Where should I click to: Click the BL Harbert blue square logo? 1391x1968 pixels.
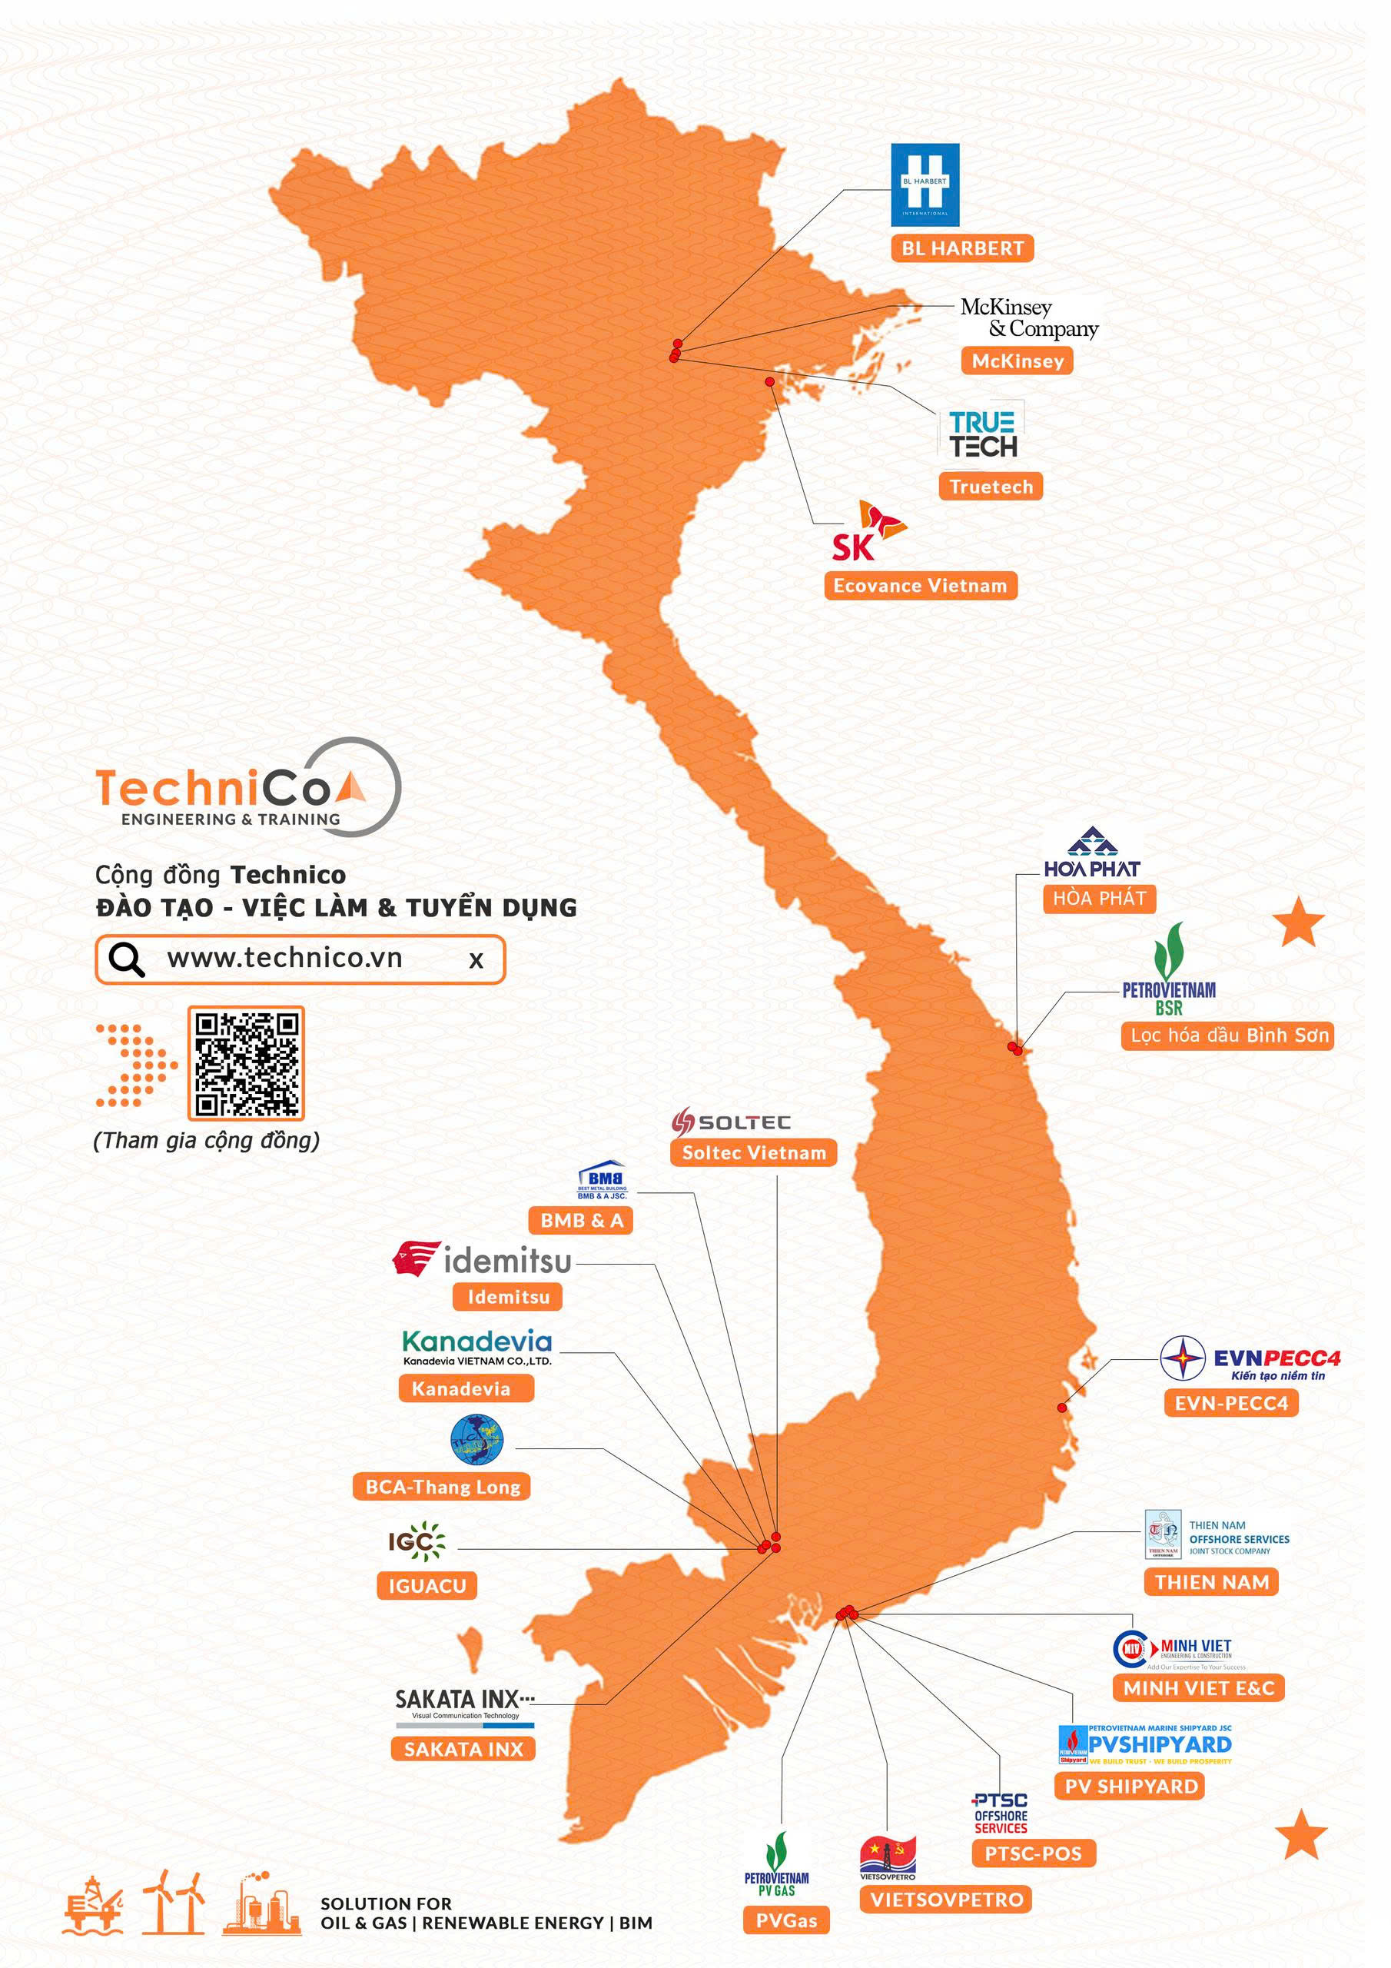925,185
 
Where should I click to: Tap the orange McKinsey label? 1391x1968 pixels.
1018,361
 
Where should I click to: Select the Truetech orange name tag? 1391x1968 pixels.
991,487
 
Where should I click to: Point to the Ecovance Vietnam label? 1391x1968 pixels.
920,587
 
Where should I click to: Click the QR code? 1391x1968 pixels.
246,1064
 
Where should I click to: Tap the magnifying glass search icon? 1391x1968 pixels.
126,959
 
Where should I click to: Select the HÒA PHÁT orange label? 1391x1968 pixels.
1099,899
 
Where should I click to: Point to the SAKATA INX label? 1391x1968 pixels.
463,1749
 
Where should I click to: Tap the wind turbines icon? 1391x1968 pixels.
174,1903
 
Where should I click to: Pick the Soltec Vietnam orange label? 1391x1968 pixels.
753,1153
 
